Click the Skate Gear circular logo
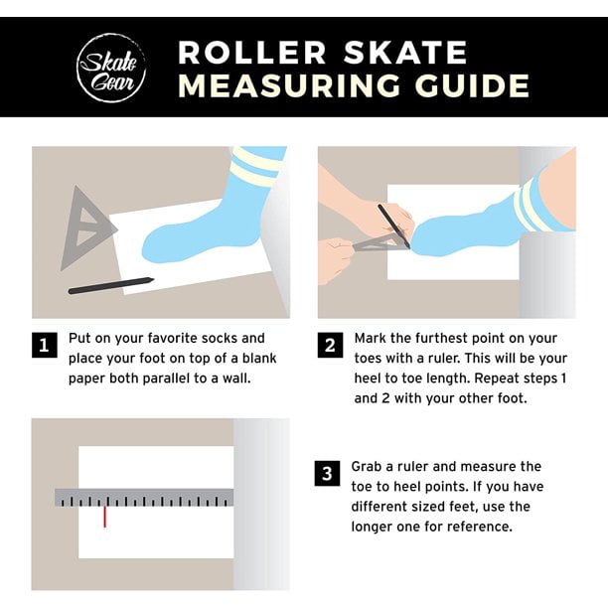point(112,67)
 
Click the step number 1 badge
point(43,347)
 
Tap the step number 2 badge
point(329,347)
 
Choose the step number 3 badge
point(327,474)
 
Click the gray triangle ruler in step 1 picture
point(85,228)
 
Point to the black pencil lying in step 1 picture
point(110,286)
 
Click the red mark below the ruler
point(104,517)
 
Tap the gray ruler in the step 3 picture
point(144,497)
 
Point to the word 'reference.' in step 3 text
point(481,527)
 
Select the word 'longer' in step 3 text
point(374,527)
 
